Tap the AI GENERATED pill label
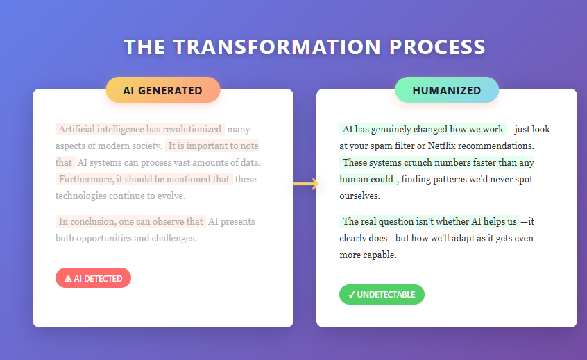tap(163, 90)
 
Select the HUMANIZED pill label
tap(446, 90)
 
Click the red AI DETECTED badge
tap(93, 278)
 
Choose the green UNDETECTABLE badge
tap(382, 294)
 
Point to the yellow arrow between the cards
tap(305, 184)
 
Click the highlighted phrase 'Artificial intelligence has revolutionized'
tap(140, 129)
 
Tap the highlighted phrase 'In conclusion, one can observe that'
tap(130, 222)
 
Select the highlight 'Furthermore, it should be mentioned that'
tap(144, 179)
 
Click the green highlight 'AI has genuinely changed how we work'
tap(423, 130)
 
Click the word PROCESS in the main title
tap(437, 46)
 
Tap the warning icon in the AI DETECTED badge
tap(68, 279)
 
